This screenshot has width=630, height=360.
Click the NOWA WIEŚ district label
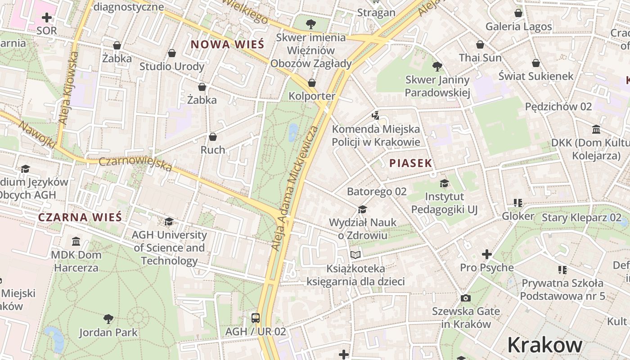coord(227,44)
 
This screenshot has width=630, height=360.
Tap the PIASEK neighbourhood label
coord(410,163)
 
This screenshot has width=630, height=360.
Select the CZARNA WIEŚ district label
coord(80,217)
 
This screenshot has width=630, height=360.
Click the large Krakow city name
coord(544,345)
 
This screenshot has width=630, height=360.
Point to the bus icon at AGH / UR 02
coord(256,318)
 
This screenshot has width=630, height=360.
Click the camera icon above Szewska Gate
coord(466,298)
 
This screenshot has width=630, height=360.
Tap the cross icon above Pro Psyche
coord(486,254)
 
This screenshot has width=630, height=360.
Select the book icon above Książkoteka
coord(355,255)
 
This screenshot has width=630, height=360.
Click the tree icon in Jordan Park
coord(108,319)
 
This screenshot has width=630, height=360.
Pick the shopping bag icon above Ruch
coord(213,136)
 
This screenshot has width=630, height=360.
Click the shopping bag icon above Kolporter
coord(311,83)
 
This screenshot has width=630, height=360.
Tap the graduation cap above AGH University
coord(169,221)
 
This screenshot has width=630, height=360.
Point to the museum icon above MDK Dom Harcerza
coord(76,242)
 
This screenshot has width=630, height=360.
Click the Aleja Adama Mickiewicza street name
coord(295,188)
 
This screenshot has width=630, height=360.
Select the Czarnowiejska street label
coord(135,164)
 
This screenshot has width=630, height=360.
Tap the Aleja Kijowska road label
coord(69,88)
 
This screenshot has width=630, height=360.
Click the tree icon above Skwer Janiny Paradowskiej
coord(437,67)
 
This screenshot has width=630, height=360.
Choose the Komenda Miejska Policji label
coord(376,135)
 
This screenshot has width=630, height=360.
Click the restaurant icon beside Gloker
coord(517,203)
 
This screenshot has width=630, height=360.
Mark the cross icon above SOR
coord(46,18)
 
